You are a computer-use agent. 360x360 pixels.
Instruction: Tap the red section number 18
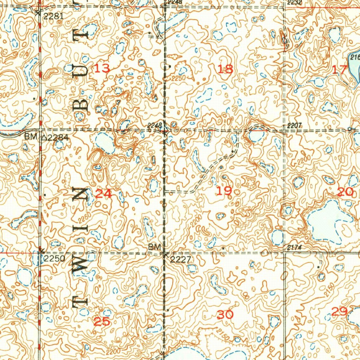[x=225, y=69]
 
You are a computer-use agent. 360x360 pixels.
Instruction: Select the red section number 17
[x=340, y=70]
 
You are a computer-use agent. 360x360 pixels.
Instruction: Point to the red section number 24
[x=104, y=193]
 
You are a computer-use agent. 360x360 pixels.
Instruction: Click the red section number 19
[x=224, y=191]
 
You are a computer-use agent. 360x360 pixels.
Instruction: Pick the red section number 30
[x=225, y=315]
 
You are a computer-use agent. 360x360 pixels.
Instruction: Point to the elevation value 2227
[x=180, y=260]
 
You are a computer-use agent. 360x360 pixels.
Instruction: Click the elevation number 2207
[x=294, y=126]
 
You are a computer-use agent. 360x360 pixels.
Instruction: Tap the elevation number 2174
[x=294, y=248]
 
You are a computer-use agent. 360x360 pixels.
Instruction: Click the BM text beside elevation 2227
[x=154, y=247]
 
